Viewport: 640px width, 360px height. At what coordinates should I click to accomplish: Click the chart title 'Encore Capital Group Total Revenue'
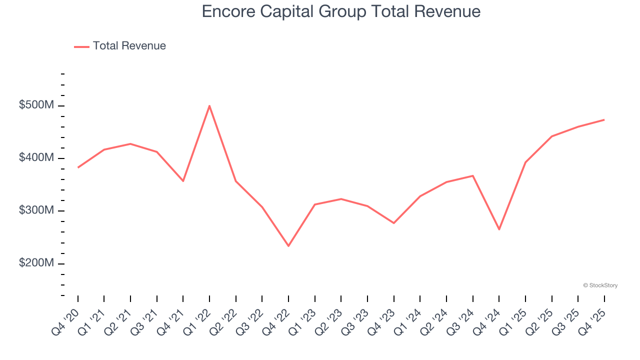click(x=341, y=12)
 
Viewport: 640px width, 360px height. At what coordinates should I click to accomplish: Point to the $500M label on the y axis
click(x=36, y=105)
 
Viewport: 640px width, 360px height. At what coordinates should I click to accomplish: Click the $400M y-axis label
click(x=36, y=158)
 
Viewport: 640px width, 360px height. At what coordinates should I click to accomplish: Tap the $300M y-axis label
click(x=36, y=210)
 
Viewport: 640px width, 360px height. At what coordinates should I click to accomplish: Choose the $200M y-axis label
click(x=36, y=263)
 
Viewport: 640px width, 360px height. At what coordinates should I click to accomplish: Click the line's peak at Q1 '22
click(x=209, y=105)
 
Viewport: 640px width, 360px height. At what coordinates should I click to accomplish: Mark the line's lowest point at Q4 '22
click(x=288, y=246)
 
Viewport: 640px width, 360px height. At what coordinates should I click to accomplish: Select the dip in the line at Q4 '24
click(x=499, y=229)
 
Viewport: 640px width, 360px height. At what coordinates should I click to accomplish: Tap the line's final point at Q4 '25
click(x=604, y=119)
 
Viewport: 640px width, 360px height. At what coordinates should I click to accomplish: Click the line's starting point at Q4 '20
click(x=78, y=167)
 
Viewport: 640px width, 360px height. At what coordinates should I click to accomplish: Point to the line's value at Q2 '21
click(x=130, y=144)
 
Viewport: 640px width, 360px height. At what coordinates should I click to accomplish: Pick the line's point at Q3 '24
click(x=472, y=175)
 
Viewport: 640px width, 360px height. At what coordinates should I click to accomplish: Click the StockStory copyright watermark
click(x=600, y=285)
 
